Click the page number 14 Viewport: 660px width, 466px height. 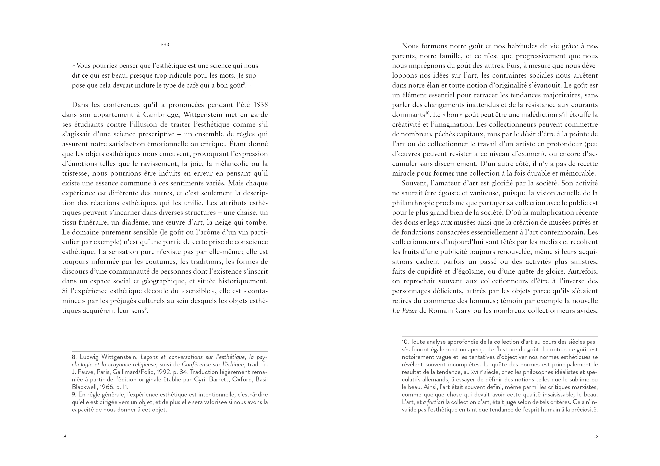point(64,436)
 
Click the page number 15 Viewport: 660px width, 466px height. point(596,436)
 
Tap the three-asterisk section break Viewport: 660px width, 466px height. point(165,45)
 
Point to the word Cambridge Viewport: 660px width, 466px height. point(161,115)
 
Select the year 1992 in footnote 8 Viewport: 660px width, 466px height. point(164,372)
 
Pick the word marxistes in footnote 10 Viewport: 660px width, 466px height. point(584,387)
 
